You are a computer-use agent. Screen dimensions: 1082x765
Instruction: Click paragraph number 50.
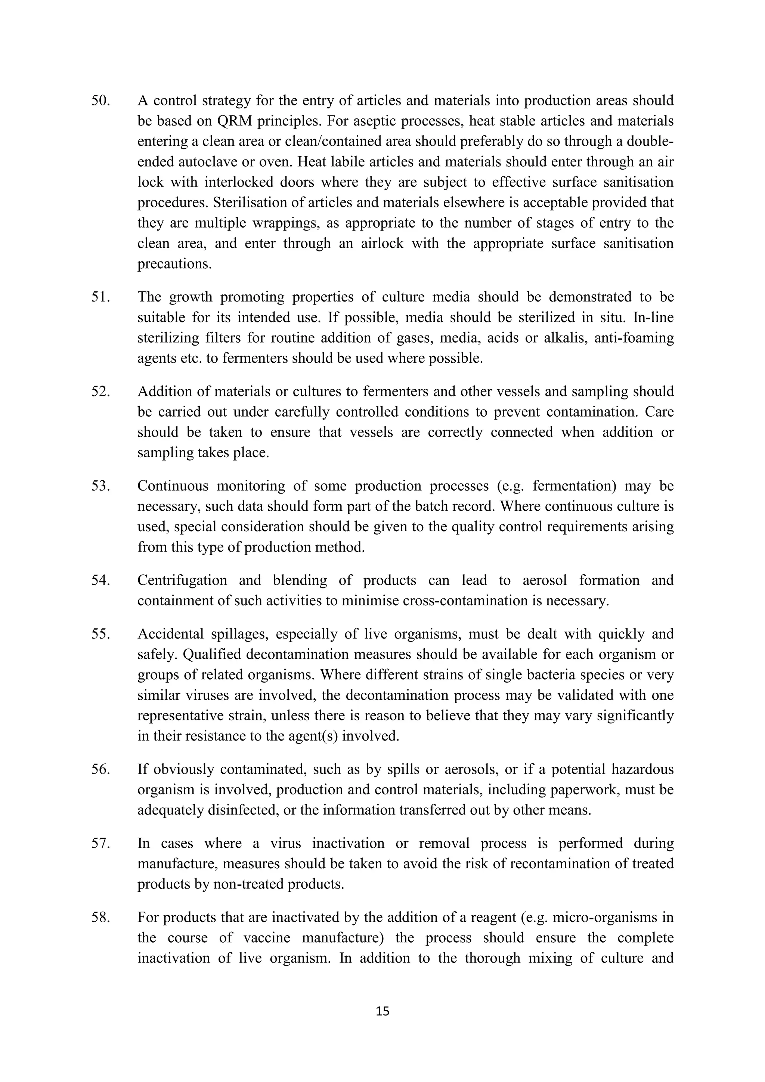[x=100, y=101]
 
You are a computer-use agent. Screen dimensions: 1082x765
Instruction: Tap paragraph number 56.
[x=100, y=770]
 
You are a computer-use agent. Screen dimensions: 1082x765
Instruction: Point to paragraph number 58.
[x=100, y=918]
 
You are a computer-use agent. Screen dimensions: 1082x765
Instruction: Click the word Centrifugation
[x=182, y=581]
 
